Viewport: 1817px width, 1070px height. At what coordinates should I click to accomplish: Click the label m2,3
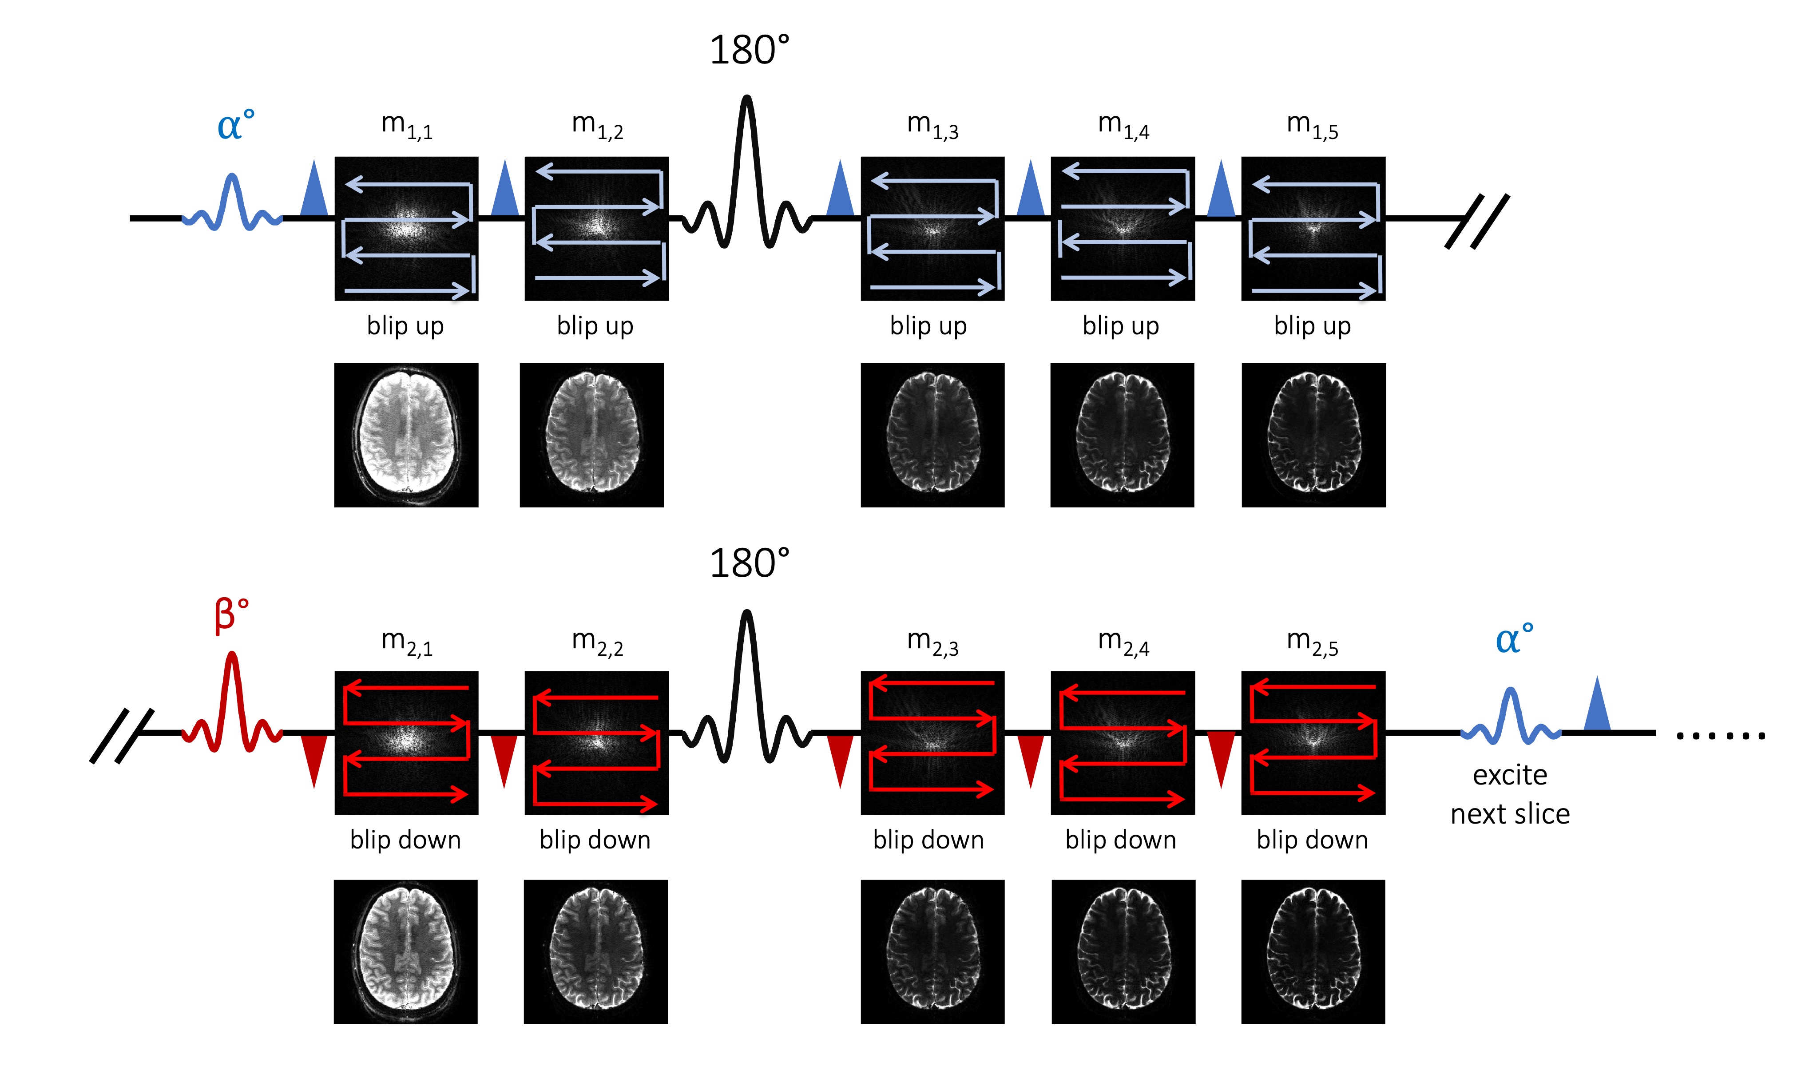(932, 642)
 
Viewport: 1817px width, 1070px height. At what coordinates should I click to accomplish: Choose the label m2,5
(1312, 642)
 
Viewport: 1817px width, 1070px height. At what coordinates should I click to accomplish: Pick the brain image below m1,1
(406, 435)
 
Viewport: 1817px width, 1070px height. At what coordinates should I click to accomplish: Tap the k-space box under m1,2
(596, 229)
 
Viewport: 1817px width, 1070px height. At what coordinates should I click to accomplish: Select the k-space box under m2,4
(1123, 743)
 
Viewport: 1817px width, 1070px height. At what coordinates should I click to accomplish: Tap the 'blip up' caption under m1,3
(928, 326)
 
